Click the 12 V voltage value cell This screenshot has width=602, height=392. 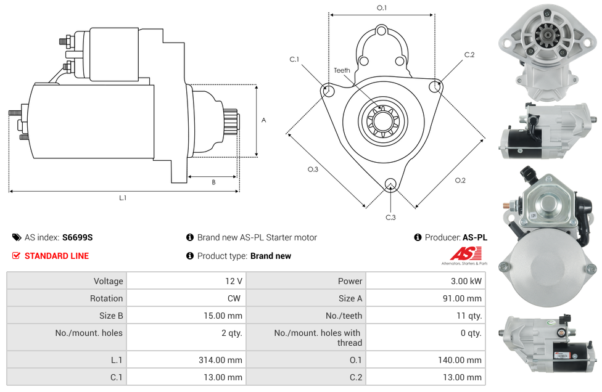[x=233, y=281]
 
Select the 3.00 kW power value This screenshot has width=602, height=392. [x=468, y=281]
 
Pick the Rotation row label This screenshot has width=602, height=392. [x=106, y=298]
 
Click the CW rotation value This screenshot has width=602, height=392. [x=236, y=298]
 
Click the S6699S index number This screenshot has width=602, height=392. [x=77, y=237]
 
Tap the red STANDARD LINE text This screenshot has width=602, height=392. [x=56, y=256]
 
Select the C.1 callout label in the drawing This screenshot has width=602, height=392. [x=294, y=59]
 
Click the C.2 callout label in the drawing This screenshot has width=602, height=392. [x=469, y=55]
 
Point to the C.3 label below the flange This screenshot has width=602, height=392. [x=390, y=217]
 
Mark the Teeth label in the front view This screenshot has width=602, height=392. [x=342, y=70]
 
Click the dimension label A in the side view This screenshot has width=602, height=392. [x=264, y=120]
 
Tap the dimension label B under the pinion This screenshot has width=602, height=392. [x=213, y=182]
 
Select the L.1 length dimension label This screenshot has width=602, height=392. [x=123, y=198]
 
